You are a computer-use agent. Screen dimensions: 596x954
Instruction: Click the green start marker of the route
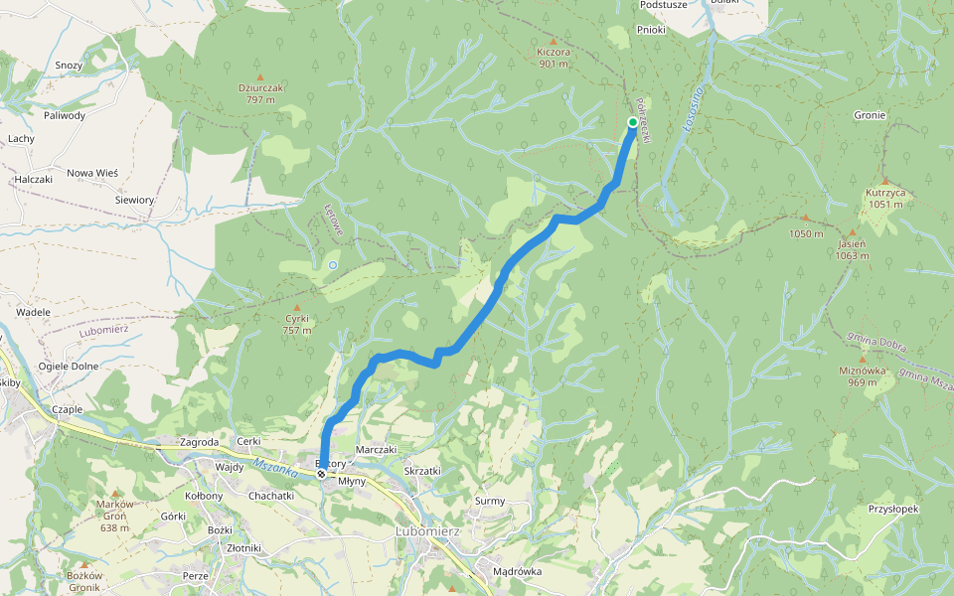633,122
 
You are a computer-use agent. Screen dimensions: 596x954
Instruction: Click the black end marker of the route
321,475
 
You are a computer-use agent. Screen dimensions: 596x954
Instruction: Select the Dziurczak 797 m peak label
260,93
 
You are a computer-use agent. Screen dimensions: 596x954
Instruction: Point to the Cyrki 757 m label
296,325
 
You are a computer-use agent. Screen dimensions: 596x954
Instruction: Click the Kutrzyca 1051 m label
883,198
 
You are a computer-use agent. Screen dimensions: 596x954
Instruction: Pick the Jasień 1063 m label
852,249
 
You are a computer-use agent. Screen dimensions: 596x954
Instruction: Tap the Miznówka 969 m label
862,376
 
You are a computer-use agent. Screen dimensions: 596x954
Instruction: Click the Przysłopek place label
892,509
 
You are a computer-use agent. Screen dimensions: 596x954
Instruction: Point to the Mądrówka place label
517,571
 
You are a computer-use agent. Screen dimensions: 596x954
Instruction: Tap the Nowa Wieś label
92,173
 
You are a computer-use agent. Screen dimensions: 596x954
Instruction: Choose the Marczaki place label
376,449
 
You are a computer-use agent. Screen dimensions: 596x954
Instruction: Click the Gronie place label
870,115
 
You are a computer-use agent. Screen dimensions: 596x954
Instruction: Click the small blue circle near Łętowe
333,265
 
